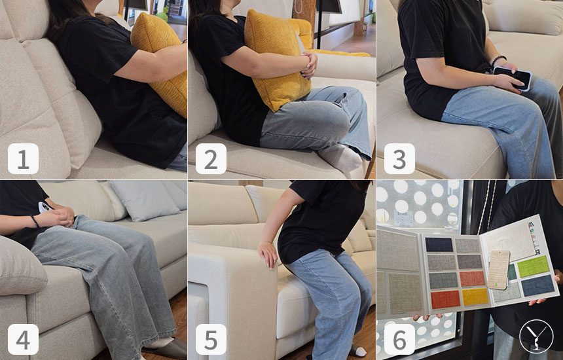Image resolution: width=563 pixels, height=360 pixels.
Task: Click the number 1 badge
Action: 23,158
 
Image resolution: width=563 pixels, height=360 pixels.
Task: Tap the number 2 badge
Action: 211,158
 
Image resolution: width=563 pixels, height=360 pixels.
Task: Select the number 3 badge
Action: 399,158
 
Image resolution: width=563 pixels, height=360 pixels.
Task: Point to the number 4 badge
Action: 23,339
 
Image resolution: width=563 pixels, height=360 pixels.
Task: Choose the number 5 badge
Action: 211,339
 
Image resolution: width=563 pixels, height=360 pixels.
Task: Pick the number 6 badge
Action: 399,339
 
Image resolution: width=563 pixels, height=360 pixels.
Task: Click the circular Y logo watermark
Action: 536,336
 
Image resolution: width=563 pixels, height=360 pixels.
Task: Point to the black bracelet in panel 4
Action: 35,221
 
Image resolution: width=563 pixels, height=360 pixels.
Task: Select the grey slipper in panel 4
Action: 166,348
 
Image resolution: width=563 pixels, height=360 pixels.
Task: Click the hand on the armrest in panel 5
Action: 268,254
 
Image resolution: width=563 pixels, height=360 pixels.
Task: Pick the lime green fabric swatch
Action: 533,266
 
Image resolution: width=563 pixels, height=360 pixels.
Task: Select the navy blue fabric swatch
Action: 439,245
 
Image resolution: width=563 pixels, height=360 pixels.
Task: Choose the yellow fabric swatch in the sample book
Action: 475,297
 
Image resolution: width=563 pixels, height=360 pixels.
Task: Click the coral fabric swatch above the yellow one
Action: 473,279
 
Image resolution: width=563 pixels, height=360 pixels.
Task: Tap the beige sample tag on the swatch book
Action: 499,270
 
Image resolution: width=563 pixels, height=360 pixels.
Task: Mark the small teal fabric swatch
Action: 513,272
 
